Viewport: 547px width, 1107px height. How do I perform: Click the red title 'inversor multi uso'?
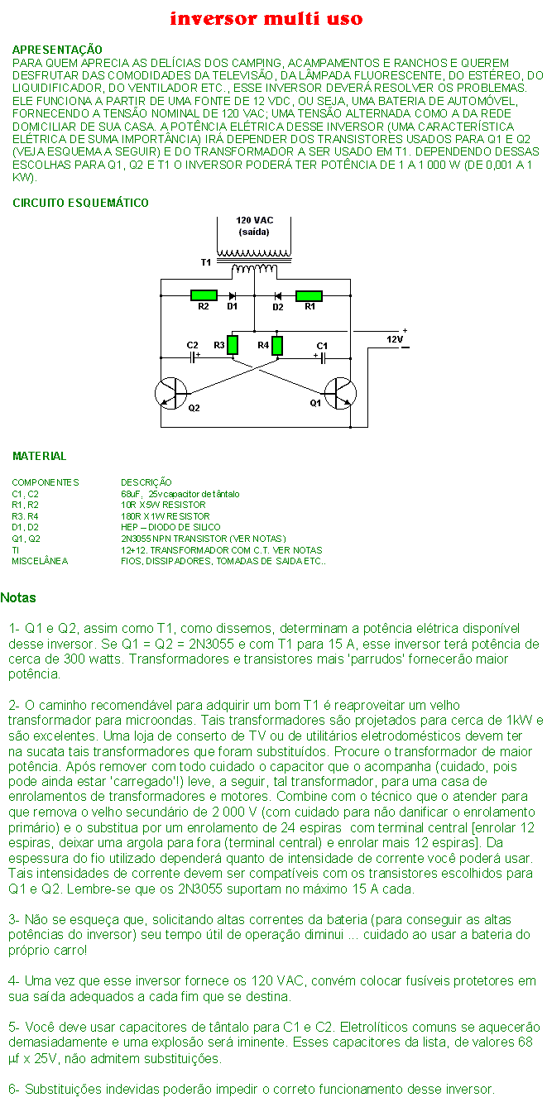266,19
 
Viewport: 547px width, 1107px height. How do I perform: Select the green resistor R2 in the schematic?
204,295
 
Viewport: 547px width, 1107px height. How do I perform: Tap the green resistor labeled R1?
309,295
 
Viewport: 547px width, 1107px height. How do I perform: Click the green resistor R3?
233,345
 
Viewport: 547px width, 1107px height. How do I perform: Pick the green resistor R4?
277,346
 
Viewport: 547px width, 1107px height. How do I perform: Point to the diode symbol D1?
233,295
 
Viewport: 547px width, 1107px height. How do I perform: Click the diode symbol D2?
278,295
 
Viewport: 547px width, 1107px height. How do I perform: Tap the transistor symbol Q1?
340,393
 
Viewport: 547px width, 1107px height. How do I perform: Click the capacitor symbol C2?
193,357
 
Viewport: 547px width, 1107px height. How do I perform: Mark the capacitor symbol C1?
322,357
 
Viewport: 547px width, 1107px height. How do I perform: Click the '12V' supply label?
394,339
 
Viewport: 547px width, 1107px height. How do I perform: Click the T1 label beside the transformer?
206,262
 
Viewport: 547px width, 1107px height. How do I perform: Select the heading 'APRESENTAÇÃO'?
57,50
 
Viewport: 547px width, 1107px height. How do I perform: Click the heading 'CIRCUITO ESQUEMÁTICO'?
80,203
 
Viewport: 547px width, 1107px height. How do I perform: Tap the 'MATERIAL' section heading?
40,456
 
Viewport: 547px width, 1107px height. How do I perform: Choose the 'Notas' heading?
18,597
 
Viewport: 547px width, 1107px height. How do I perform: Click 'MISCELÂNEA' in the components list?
40,561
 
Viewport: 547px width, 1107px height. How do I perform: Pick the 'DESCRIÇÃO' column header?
146,482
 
